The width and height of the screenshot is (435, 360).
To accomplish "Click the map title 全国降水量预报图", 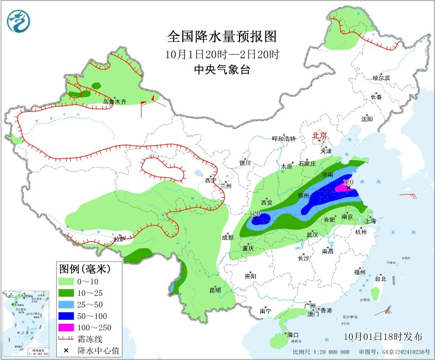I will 222,37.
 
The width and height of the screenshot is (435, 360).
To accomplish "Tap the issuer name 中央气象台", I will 222,69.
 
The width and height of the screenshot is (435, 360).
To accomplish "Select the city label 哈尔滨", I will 380,78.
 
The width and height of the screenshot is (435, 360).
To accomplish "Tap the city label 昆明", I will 215,290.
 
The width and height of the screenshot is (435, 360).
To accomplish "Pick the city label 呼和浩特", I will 283,139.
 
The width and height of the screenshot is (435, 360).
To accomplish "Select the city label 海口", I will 293,335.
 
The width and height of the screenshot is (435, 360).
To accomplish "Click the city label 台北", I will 380,279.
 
